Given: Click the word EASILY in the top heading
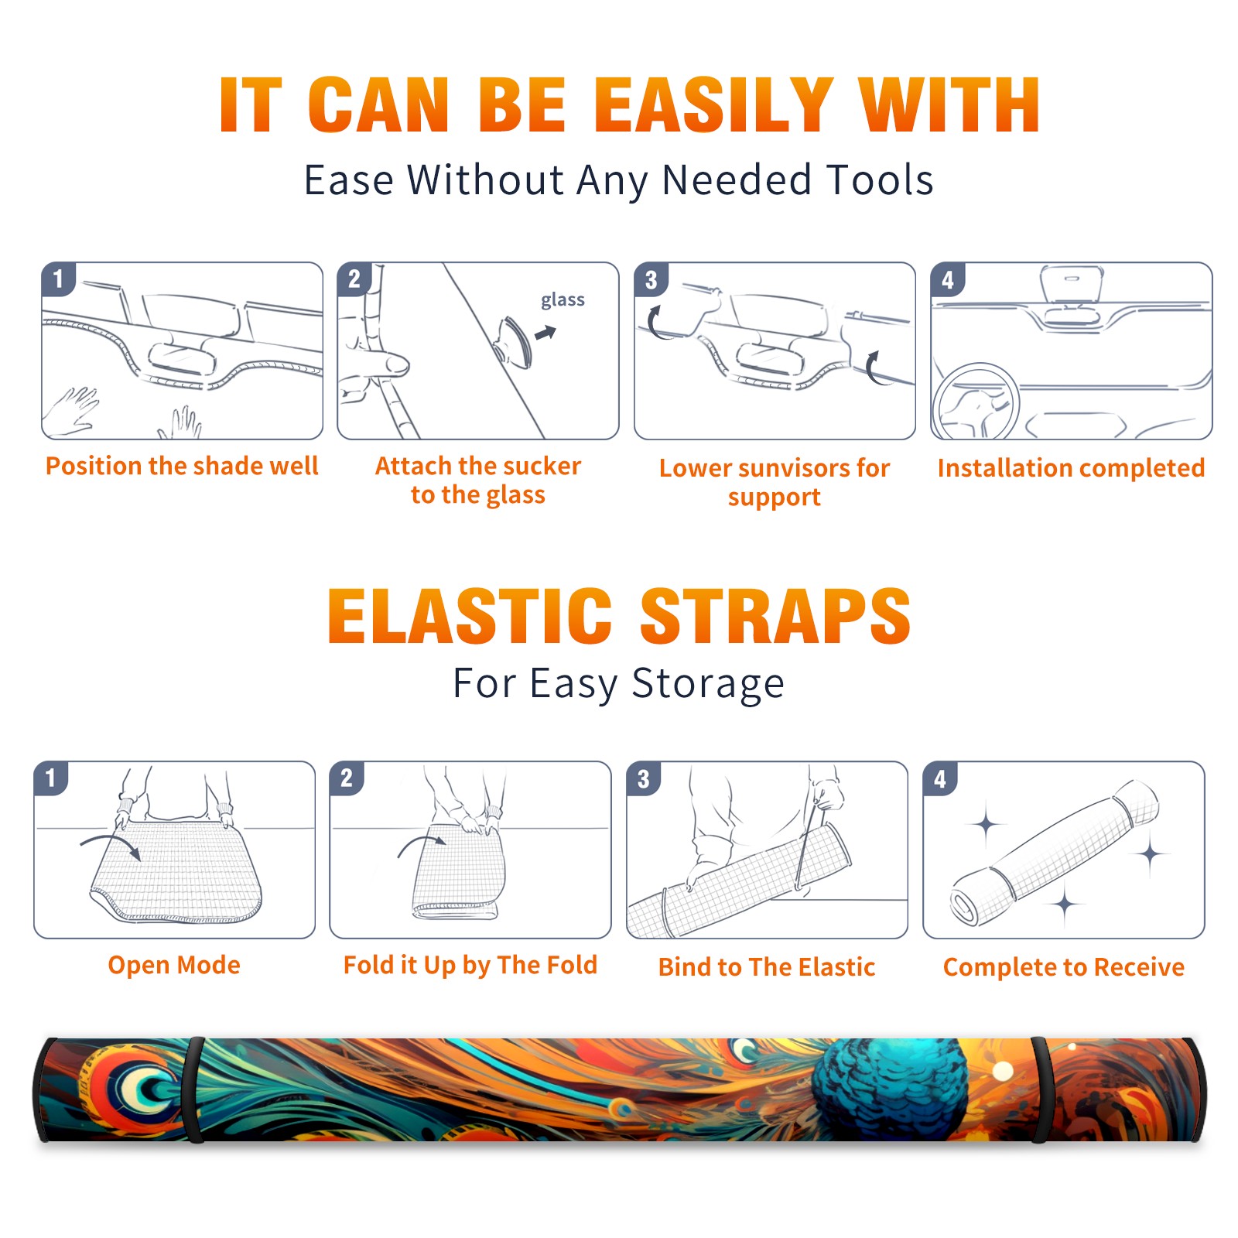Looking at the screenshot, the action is pos(713,105).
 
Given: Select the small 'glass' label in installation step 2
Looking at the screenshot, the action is pos(563,300).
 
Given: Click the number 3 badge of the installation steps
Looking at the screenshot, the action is pos(651,279).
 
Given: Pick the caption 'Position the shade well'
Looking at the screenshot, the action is pos(182,466).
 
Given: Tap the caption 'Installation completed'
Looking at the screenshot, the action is pos(1071,468).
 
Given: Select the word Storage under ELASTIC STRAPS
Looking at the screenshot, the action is pos(708,685).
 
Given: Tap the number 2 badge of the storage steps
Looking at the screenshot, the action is pos(347,778).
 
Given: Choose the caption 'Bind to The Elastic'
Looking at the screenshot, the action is pos(766,967).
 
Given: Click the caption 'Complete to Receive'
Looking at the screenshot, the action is pos(1063,967).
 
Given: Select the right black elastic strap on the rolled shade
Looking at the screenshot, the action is pos(1041,1089).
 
